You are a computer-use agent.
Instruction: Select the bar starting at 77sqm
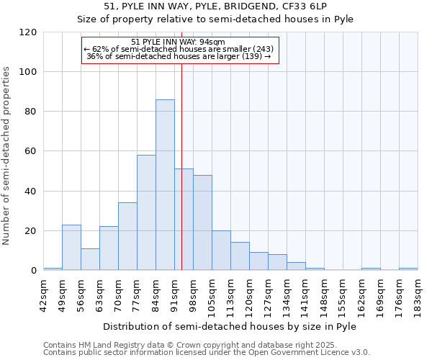coord(146,212)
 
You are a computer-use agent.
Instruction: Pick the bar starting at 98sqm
coord(202,222)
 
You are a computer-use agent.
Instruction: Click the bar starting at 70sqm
coord(127,236)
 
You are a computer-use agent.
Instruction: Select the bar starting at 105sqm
coord(221,251)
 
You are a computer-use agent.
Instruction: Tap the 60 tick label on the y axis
coord(31,151)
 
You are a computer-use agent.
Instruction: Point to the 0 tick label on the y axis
coord(34,271)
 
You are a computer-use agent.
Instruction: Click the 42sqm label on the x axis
coord(44,295)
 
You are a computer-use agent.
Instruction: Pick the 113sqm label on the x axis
coord(231,295)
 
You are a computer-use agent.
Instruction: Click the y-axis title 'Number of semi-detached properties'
coord(7,156)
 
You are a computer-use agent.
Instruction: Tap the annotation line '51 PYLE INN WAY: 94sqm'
coord(179,42)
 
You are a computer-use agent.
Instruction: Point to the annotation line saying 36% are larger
coord(179,55)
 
